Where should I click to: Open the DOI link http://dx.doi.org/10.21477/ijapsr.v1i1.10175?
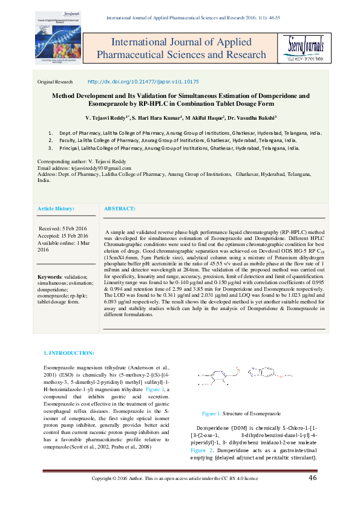click(x=143, y=81)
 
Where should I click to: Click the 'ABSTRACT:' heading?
click(x=120, y=208)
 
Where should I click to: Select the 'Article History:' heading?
click(x=56, y=208)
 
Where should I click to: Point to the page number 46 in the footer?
click(x=313, y=495)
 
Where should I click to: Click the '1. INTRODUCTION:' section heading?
click(x=69, y=352)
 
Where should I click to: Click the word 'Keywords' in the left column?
click(x=51, y=276)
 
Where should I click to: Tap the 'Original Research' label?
click(x=55, y=82)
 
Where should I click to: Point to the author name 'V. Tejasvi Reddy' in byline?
click(x=108, y=117)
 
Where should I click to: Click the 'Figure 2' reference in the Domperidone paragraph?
click(x=201, y=450)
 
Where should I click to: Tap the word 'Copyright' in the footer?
click(x=103, y=496)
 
